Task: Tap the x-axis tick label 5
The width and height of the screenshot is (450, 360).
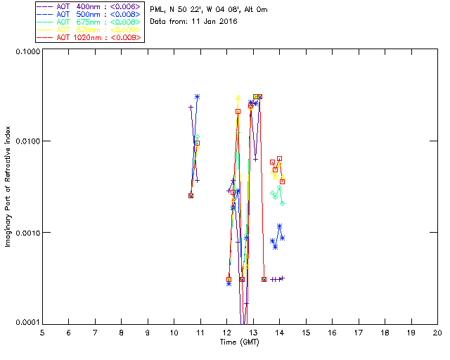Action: click(x=42, y=332)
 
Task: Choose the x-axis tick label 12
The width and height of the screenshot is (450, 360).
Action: click(x=227, y=332)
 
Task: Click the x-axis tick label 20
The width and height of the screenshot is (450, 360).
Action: click(x=437, y=332)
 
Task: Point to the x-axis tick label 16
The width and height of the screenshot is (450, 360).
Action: click(x=332, y=332)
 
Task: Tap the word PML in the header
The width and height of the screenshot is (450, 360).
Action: click(x=158, y=10)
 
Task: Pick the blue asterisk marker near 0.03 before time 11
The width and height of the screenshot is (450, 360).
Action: click(x=198, y=97)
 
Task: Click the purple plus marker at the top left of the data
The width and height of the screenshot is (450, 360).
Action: click(x=191, y=107)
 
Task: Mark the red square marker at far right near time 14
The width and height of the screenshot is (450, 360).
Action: click(x=282, y=181)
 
